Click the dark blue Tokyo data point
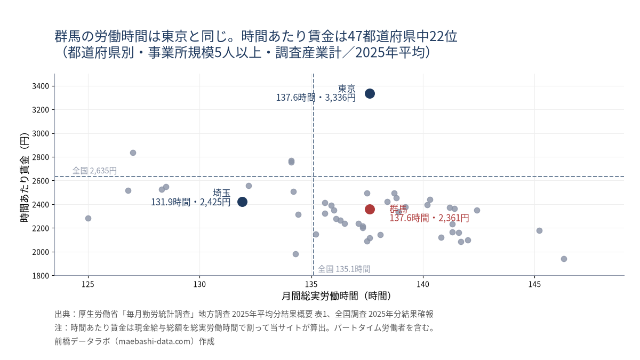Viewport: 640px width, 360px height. pyautogui.click(x=370, y=94)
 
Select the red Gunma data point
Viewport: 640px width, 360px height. pyautogui.click(x=370, y=210)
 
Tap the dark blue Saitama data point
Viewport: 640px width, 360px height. pyautogui.click(x=242, y=202)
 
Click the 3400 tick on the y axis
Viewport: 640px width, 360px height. pyautogui.click(x=41, y=86)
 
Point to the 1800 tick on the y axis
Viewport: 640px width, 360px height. pyautogui.click(x=41, y=276)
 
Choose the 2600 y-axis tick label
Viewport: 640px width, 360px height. pyautogui.click(x=41, y=181)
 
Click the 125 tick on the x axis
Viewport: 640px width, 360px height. pyautogui.click(x=88, y=284)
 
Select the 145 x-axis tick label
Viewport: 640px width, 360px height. pyautogui.click(x=534, y=284)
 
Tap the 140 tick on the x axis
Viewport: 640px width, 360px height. pyautogui.click(x=423, y=284)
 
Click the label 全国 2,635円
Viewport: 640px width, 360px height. pyautogui.click(x=94, y=171)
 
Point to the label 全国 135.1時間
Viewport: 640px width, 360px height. pyautogui.click(x=344, y=269)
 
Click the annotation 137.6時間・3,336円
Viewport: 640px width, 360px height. pyautogui.click(x=316, y=98)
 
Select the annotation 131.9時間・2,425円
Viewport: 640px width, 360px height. pyautogui.click(x=190, y=202)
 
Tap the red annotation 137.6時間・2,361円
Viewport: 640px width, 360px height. pyautogui.click(x=429, y=218)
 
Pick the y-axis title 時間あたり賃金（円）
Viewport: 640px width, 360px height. pyautogui.click(x=25, y=178)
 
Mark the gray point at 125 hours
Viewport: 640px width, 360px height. pyautogui.click(x=88, y=219)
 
